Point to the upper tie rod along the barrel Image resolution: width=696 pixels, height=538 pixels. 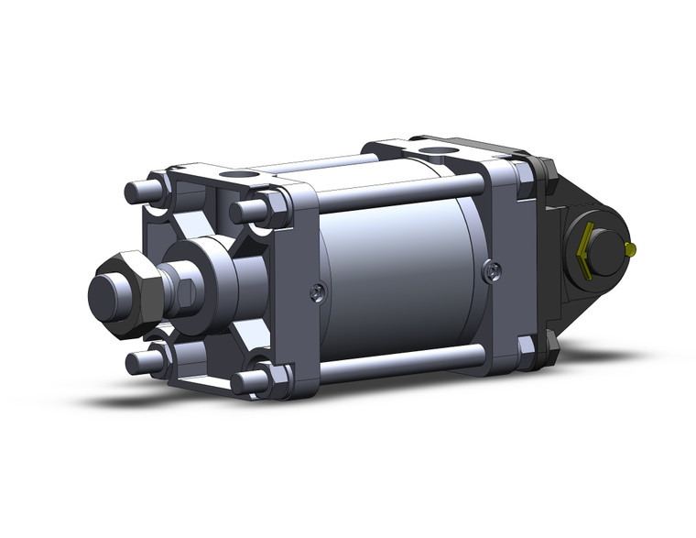point(403,195)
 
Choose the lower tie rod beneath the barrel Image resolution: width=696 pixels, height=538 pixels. point(403,364)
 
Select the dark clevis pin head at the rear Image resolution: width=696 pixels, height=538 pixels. point(601,248)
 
